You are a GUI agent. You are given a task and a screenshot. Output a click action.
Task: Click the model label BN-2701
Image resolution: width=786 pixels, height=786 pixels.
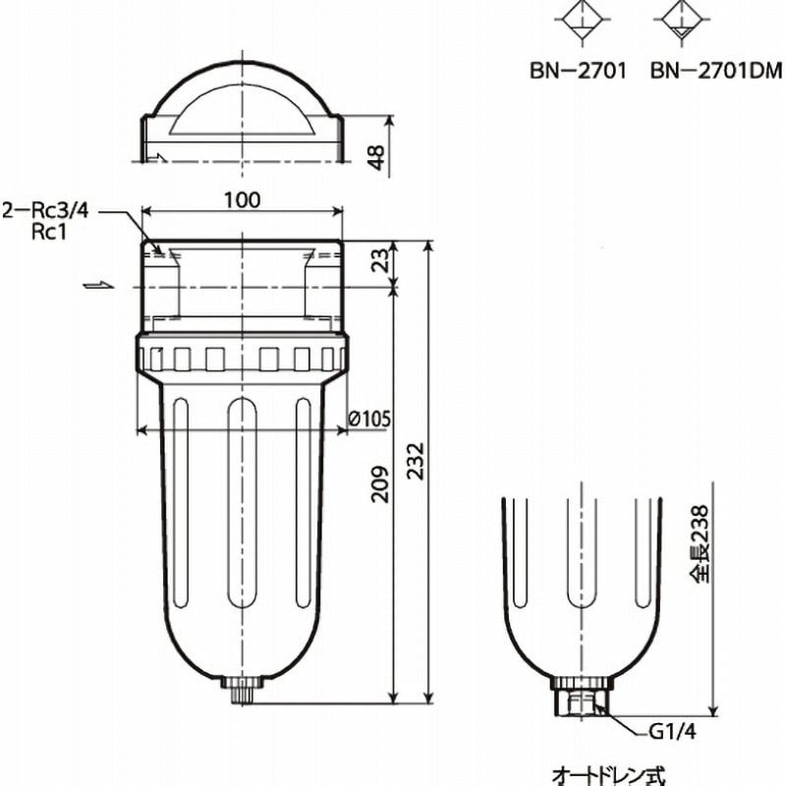click(x=578, y=71)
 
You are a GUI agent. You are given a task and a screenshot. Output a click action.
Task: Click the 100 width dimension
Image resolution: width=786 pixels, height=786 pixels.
click(x=242, y=200)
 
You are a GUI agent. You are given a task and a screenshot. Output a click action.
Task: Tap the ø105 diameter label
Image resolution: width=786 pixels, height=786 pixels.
click(x=370, y=420)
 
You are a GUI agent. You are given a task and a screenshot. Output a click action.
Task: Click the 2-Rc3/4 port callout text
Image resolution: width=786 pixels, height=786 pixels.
click(x=46, y=209)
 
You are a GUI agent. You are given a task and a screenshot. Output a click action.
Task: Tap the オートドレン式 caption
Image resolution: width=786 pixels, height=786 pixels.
click(x=609, y=774)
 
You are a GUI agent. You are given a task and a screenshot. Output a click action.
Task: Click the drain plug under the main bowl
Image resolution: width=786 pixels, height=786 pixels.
click(x=242, y=689)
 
